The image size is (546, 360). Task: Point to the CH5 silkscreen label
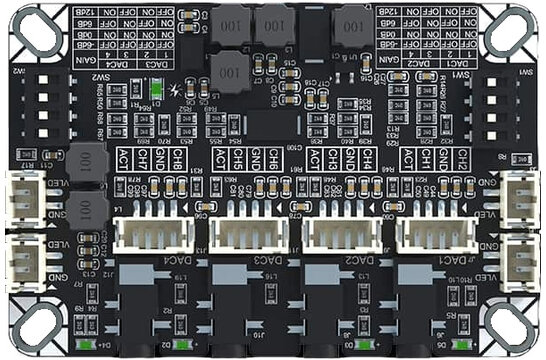248,159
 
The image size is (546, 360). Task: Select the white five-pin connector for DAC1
432,234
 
